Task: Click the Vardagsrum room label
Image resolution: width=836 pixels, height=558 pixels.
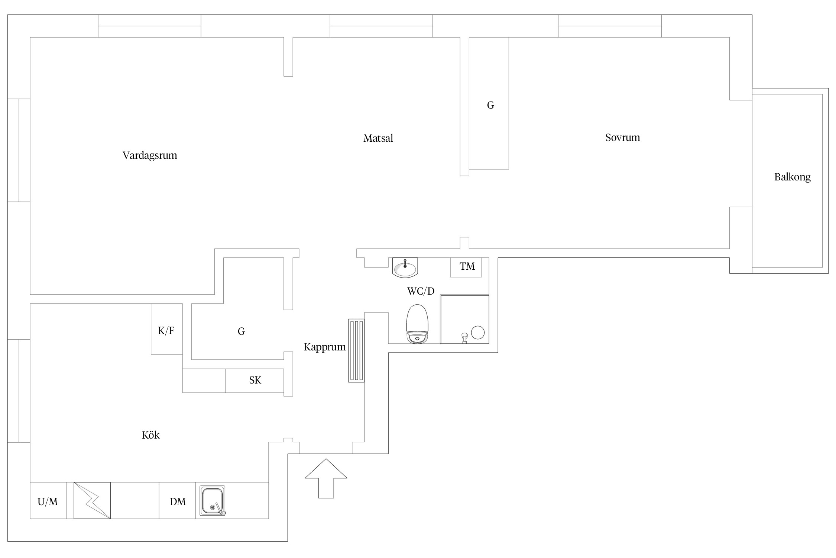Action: pos(150,155)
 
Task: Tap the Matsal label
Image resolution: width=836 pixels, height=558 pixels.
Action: pos(378,138)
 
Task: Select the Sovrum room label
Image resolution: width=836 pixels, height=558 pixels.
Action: pos(622,138)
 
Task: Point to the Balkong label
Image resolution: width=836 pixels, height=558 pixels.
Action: pos(792,177)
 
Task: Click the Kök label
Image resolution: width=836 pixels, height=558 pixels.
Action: pos(150,435)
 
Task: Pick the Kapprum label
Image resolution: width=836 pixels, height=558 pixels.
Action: pos(325,347)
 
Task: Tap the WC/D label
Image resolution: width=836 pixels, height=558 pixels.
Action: pos(421,291)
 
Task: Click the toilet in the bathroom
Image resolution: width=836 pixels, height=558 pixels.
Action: pos(417,324)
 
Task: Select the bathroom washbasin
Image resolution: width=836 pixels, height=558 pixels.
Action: pos(405,267)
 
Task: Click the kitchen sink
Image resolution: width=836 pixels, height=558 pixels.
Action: pos(212,501)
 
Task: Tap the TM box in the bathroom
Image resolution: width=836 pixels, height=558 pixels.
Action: pos(466,267)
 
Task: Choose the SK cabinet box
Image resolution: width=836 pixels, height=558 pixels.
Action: pos(255,380)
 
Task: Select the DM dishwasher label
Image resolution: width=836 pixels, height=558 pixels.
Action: pos(178,502)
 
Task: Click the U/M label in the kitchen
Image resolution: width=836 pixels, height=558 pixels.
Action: pos(48,502)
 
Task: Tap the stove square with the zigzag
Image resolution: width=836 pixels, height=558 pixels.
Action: pos(92,500)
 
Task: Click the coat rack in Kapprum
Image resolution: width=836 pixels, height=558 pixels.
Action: pos(356,350)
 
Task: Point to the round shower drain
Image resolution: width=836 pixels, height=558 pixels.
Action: pos(477,332)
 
